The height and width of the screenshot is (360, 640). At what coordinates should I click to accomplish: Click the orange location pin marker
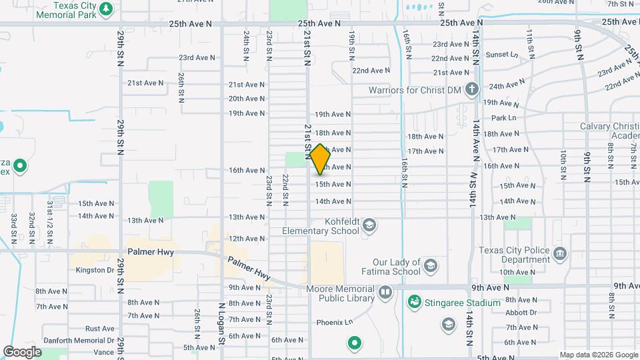tap(320, 159)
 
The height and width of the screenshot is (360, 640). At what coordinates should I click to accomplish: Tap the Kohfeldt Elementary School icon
tap(369, 226)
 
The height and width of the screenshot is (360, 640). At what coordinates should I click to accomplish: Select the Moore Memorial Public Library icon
tap(385, 293)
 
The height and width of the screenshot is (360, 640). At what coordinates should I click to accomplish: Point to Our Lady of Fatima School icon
tap(430, 267)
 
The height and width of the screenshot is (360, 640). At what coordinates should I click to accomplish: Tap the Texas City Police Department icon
tap(560, 254)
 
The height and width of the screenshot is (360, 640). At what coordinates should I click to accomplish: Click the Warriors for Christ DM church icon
tap(471, 89)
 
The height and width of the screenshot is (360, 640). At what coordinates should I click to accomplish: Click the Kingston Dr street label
tap(95, 270)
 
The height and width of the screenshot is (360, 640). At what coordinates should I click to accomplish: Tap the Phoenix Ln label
tap(334, 323)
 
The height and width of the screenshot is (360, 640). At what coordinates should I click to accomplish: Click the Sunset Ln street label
tap(502, 55)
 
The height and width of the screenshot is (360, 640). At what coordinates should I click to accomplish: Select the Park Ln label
tap(504, 118)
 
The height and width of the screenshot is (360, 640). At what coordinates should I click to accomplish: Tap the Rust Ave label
tap(100, 329)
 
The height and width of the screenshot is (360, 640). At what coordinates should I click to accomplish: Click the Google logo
tap(22, 351)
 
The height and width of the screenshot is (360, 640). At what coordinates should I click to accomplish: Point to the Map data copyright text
tap(598, 355)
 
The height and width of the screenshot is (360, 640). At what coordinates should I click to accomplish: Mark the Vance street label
tap(103, 351)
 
